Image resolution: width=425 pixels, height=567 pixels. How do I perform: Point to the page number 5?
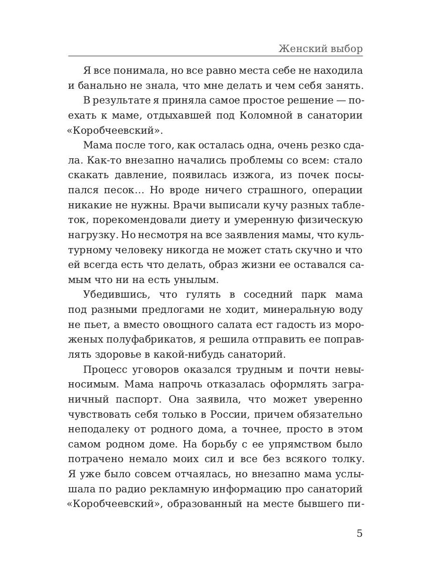[359, 533]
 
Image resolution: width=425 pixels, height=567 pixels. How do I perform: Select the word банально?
[105, 86]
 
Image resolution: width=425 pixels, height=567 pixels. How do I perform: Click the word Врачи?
[190, 205]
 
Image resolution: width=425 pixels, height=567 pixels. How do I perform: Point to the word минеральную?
[304, 309]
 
